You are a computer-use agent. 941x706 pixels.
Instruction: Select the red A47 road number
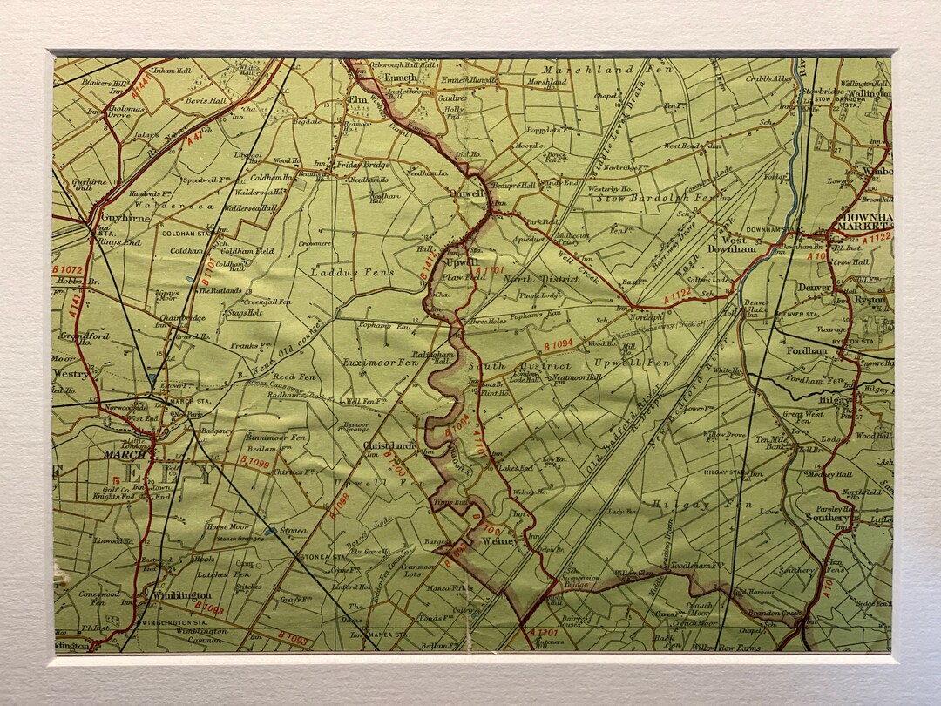(x=197, y=136)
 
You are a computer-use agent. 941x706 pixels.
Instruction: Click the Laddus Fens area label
(x=353, y=273)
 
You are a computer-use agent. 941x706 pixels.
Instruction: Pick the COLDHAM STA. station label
(x=185, y=234)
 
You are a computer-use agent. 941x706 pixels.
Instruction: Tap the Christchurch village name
(x=387, y=445)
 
